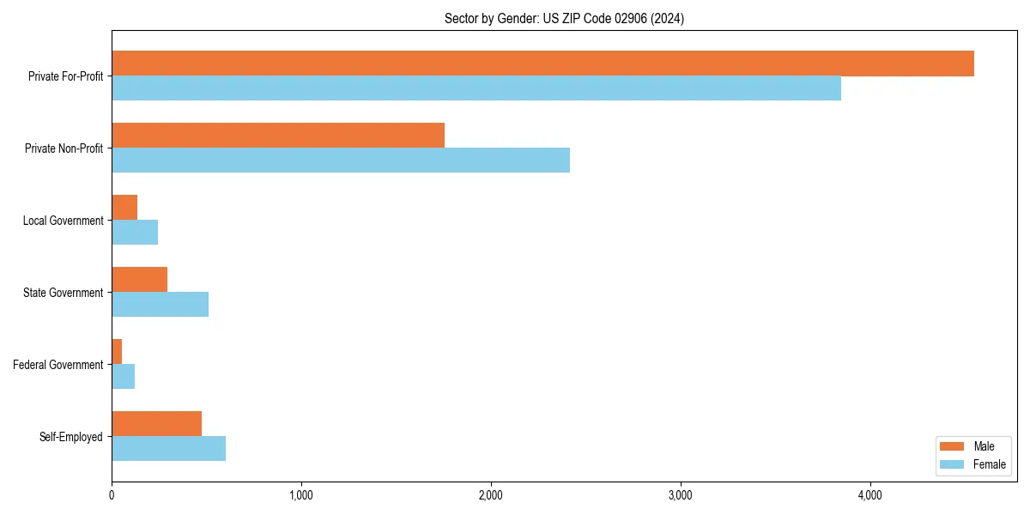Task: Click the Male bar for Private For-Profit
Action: [x=542, y=64]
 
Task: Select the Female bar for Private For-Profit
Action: [x=476, y=88]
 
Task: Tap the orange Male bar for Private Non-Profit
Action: [x=278, y=136]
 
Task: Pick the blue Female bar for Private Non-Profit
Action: [x=341, y=161]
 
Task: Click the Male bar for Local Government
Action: [x=124, y=208]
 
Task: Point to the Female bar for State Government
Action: [x=161, y=305]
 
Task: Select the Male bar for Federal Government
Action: [x=117, y=352]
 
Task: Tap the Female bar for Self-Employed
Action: [x=169, y=449]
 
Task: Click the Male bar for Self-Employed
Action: [x=157, y=424]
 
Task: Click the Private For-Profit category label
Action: [x=65, y=76]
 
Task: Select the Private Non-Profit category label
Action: [x=64, y=148]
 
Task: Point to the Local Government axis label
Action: [x=63, y=221]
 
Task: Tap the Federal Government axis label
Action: [x=58, y=365]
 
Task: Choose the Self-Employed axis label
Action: [x=71, y=437]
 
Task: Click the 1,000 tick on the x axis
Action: [x=301, y=495]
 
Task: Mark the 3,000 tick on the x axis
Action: [x=681, y=495]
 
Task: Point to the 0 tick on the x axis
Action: [x=112, y=495]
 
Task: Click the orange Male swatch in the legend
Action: [x=953, y=446]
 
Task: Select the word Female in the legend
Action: [x=990, y=464]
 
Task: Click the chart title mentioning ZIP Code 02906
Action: [x=564, y=18]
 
